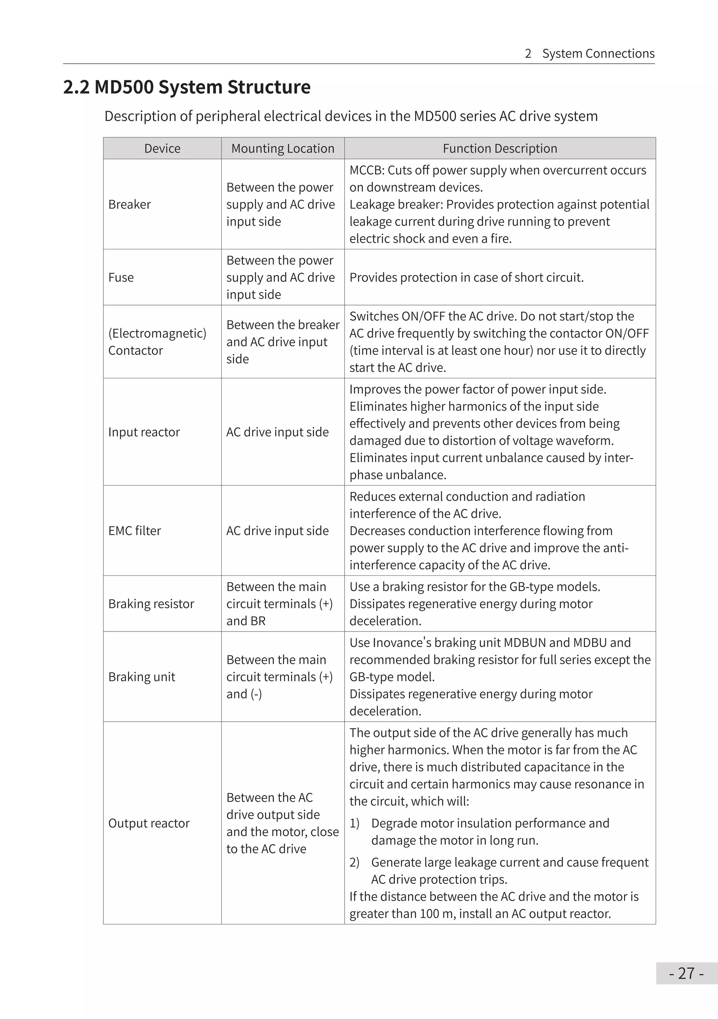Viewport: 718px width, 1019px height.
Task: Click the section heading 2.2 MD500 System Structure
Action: click(x=187, y=87)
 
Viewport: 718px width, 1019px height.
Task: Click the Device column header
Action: click(x=162, y=148)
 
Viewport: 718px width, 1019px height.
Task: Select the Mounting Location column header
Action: click(x=283, y=148)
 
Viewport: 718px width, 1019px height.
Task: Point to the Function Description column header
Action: click(x=500, y=148)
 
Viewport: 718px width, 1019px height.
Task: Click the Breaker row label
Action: click(x=130, y=204)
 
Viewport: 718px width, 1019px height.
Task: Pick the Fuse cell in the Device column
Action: click(x=121, y=277)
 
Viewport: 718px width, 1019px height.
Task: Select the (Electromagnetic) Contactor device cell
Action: click(x=157, y=342)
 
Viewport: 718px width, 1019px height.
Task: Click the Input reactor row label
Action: click(x=144, y=432)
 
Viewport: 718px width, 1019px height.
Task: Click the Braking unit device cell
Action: click(x=142, y=676)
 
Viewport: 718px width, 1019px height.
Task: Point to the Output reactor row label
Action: click(x=149, y=823)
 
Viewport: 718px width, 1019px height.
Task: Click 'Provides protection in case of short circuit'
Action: click(x=466, y=277)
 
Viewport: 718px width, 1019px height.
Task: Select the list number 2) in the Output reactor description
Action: click(x=354, y=862)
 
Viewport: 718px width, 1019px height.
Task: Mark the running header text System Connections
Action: click(x=598, y=53)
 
